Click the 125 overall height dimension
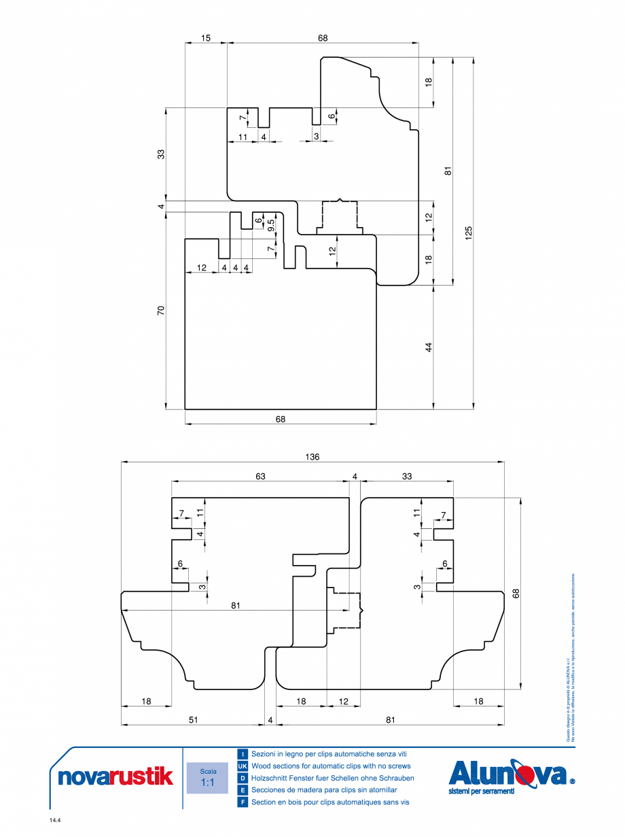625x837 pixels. coord(469,233)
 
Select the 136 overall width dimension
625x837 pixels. coord(312,457)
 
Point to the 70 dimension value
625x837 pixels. coord(161,311)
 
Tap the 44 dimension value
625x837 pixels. coord(429,347)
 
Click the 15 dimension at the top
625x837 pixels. coord(206,38)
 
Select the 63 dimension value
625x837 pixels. coord(260,477)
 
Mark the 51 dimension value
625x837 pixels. coord(193,719)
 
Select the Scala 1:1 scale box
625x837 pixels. coord(207,778)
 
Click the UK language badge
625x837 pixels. coord(243,766)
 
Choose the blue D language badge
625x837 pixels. coord(243,778)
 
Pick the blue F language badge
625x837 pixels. coord(243,802)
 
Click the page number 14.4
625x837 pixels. coord(55,821)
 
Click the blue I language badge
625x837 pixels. coord(243,754)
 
